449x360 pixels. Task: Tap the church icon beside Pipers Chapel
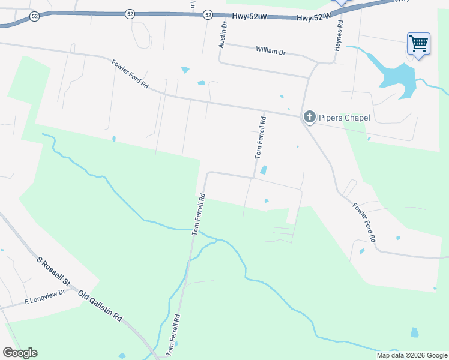click(x=309, y=116)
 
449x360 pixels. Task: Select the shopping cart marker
click(x=418, y=43)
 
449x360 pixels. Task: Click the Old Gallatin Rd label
click(x=100, y=305)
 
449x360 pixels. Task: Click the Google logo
click(x=20, y=353)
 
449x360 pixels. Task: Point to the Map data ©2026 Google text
click(x=412, y=355)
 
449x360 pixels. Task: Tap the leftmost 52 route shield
click(x=34, y=17)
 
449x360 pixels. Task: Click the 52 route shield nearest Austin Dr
click(x=208, y=14)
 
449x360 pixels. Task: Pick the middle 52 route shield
click(x=130, y=14)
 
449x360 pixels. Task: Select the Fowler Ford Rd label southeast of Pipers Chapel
click(x=364, y=222)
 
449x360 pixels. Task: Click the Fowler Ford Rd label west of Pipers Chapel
click(x=130, y=74)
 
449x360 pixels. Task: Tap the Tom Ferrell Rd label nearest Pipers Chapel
click(x=261, y=137)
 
